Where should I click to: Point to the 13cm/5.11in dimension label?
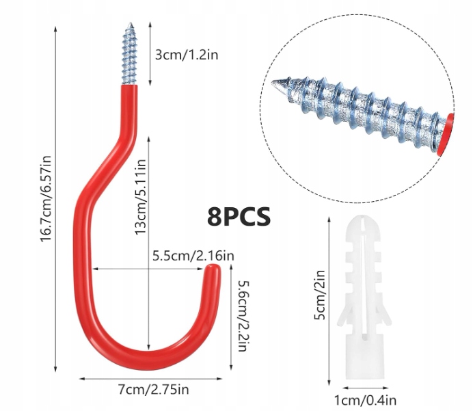coord(140,198)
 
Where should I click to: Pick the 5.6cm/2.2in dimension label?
coord(240,315)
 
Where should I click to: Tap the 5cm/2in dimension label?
coord(320,297)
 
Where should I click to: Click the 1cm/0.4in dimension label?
coord(364,401)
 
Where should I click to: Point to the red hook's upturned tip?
coord(213,274)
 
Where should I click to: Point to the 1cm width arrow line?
coord(364,388)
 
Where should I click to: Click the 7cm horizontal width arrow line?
coord(148,377)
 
